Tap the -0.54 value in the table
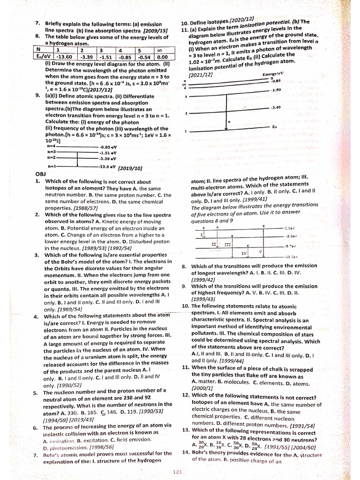pyautogui.click(x=142, y=57)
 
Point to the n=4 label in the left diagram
pyautogui.click(x=52, y=146)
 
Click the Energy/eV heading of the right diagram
pyautogui.click(x=274, y=75)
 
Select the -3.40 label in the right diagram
pyautogui.click(x=275, y=107)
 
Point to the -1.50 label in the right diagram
pyautogui.click(x=275, y=90)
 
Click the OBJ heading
pyautogui.click(x=40, y=173)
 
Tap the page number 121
pyautogui.click(x=177, y=472)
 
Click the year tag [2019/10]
pyautogui.click(x=131, y=167)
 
